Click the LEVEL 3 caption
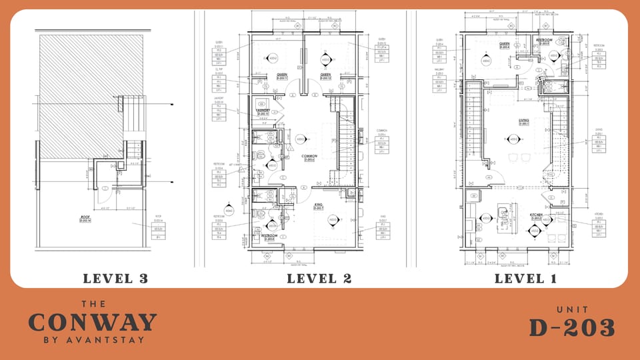112,278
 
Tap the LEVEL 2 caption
319,278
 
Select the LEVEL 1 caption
525,278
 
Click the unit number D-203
571,327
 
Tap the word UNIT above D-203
571,309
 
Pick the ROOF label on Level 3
85,216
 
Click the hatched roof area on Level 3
80,87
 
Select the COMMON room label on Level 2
309,157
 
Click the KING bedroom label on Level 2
317,207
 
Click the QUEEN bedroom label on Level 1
505,43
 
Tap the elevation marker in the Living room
513,139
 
